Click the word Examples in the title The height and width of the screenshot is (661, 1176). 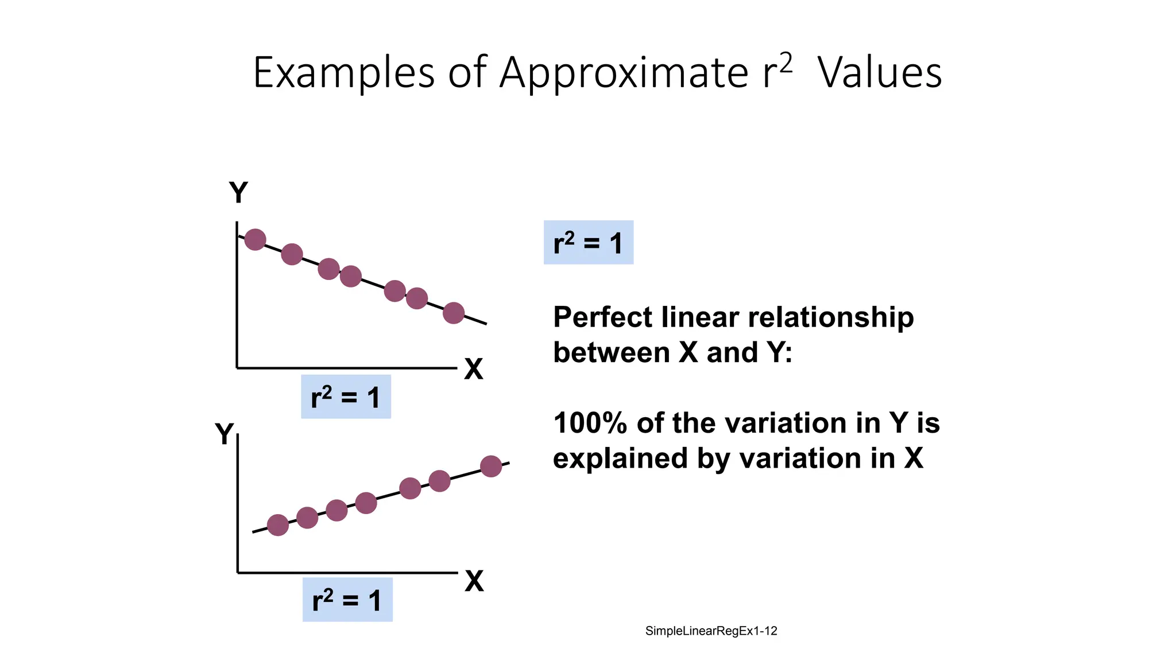point(343,73)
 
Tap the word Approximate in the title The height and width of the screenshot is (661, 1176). point(624,73)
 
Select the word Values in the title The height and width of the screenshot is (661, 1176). point(880,73)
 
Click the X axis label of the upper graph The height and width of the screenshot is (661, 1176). point(474,369)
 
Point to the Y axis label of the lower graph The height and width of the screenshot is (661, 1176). point(225,434)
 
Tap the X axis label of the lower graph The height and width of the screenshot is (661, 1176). point(474,581)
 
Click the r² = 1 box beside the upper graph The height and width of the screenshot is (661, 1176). point(588,242)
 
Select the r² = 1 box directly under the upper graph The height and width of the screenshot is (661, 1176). point(346,396)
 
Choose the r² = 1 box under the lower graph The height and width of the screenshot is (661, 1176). point(347,600)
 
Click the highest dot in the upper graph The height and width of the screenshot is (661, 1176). point(255,239)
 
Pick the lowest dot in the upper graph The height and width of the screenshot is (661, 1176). point(454,313)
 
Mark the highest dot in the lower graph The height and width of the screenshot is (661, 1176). point(491,466)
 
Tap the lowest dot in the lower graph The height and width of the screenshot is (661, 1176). point(278,524)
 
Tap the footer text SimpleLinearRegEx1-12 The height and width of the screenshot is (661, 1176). point(711,631)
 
